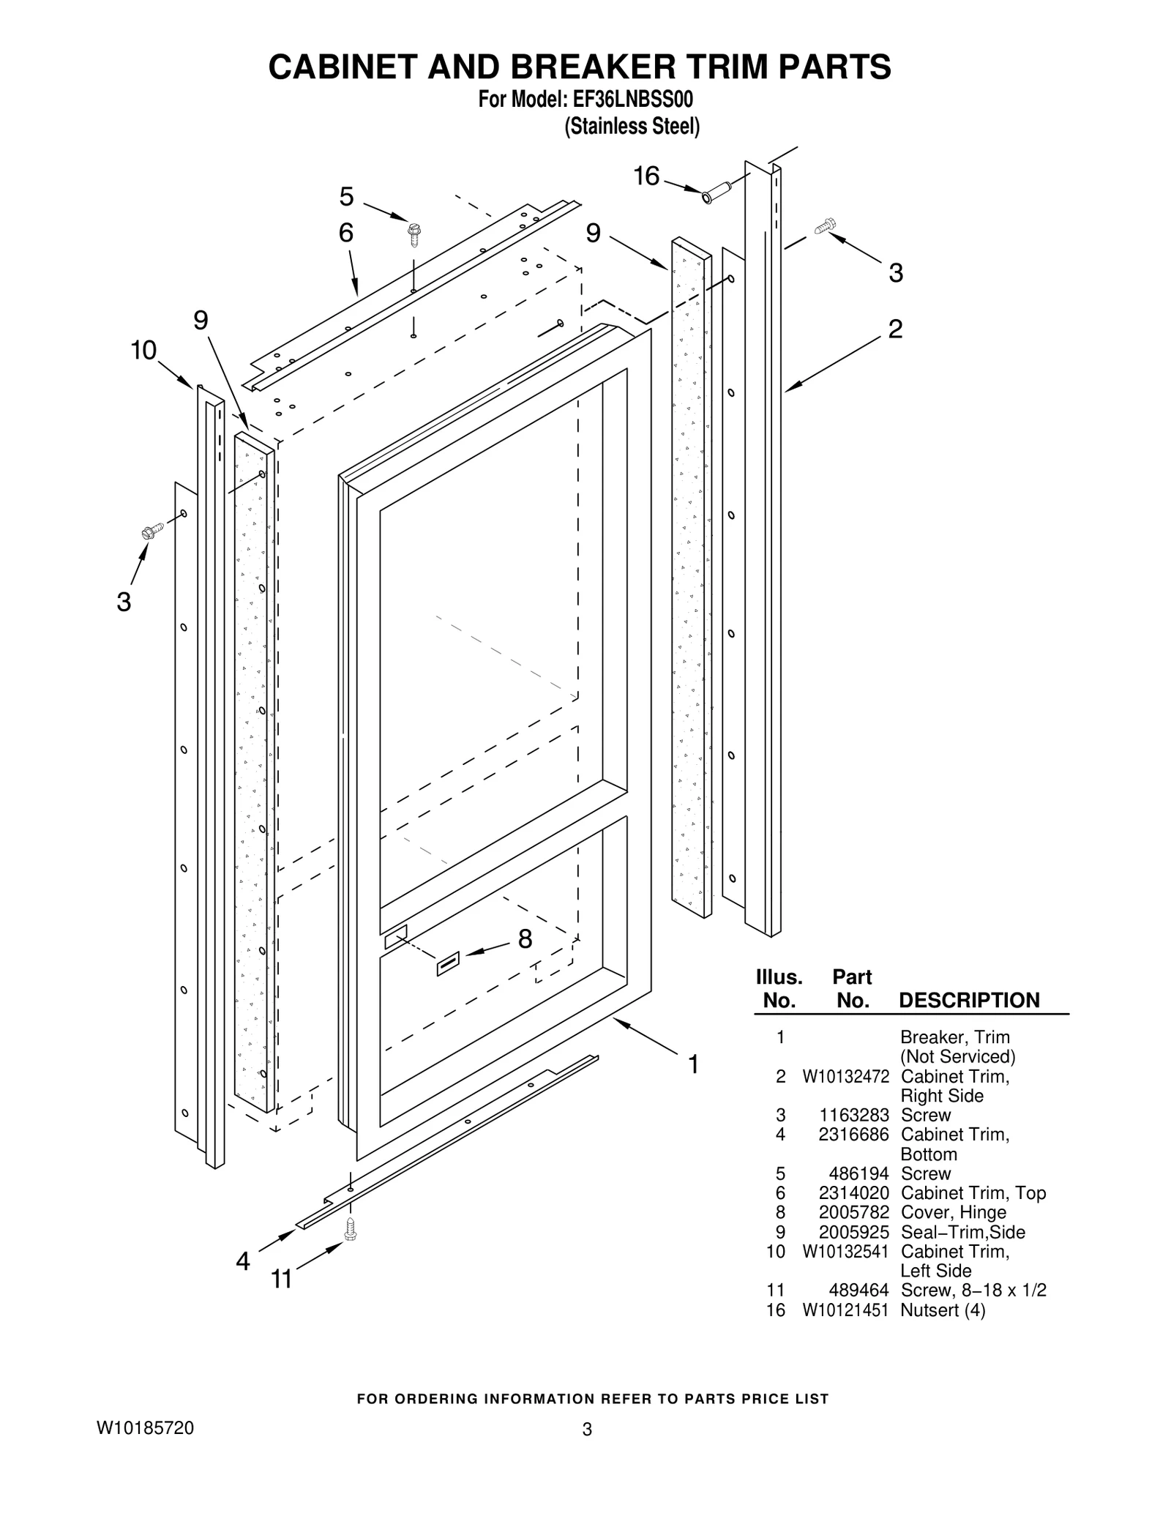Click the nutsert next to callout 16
pos(715,194)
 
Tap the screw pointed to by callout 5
pos(414,234)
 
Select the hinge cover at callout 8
pos(448,964)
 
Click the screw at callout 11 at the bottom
pos(351,1230)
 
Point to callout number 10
pos(143,351)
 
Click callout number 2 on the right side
pos(895,329)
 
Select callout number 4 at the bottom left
pos(243,1261)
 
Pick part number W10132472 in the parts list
pos(845,1077)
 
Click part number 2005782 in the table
pos(853,1212)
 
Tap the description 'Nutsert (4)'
pos(943,1310)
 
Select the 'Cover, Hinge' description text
pos(953,1212)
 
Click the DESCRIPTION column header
pos(968,1001)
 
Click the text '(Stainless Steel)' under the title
pos(632,127)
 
